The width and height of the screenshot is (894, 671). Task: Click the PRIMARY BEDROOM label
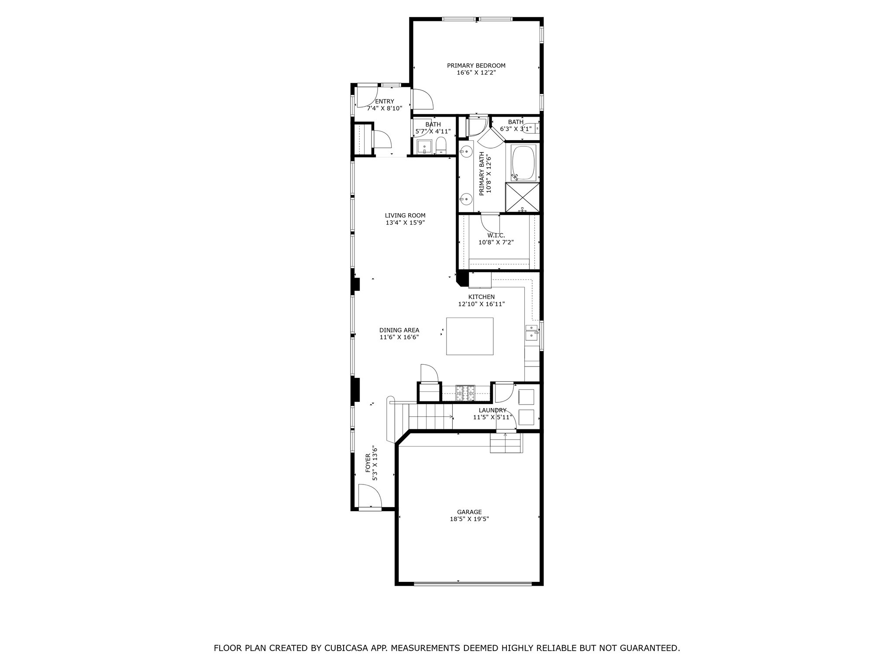click(476, 66)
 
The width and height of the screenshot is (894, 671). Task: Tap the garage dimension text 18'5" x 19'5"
click(469, 519)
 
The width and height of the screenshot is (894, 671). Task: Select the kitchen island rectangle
click(470, 336)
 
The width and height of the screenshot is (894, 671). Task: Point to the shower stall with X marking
click(523, 197)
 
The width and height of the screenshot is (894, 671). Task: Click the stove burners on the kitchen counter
click(465, 393)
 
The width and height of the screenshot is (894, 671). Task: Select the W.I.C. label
click(496, 235)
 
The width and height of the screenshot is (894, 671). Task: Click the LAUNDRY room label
click(492, 410)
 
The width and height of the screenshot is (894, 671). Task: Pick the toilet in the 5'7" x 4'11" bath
click(441, 145)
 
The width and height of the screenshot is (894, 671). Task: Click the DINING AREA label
click(399, 330)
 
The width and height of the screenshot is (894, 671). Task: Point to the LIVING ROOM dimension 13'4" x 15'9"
click(405, 222)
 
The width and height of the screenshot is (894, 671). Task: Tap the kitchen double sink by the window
click(531, 332)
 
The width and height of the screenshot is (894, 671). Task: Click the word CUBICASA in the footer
click(346, 648)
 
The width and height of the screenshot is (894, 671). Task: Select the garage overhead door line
click(473, 583)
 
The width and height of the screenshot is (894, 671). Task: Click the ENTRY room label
click(384, 101)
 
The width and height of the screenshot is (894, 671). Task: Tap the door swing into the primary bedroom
click(422, 100)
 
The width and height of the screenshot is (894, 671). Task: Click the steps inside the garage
click(506, 443)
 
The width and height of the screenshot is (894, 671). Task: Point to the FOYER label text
click(368, 463)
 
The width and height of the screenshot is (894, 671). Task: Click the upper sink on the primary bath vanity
click(466, 152)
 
